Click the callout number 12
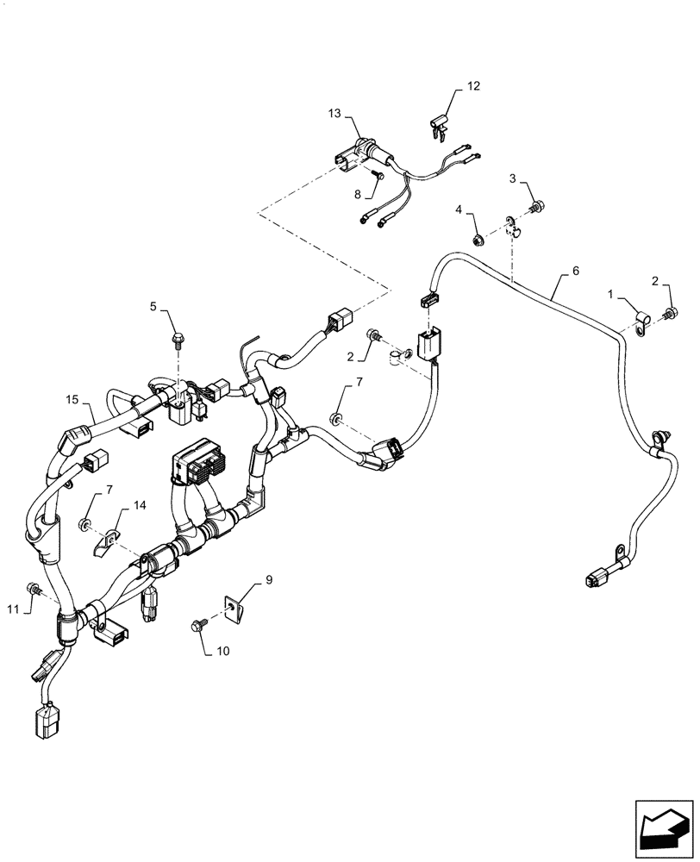pyautogui.click(x=474, y=86)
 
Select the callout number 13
pyautogui.click(x=334, y=114)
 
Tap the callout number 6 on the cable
pyautogui.click(x=576, y=270)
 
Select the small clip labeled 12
pyautogui.click(x=438, y=126)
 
